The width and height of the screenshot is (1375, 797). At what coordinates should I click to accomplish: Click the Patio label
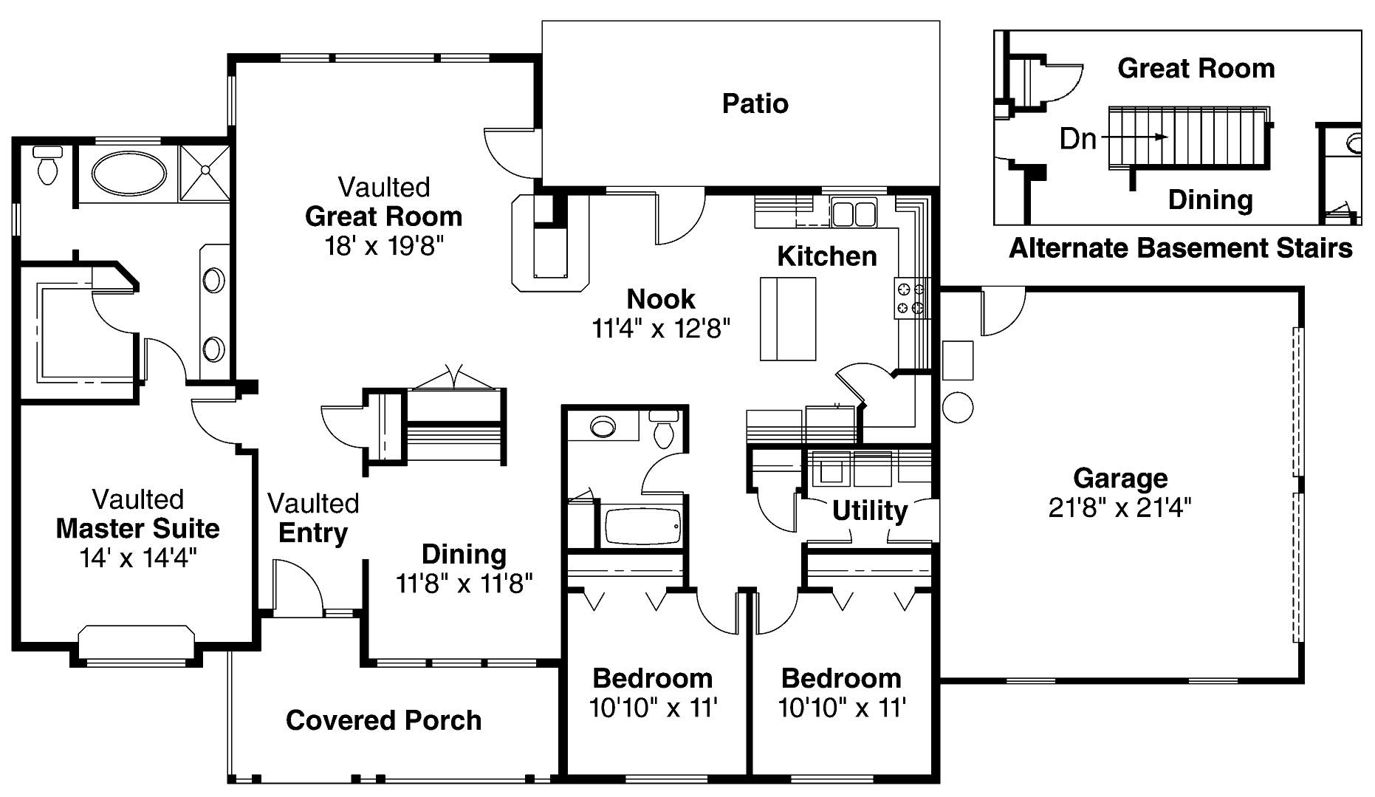click(x=755, y=103)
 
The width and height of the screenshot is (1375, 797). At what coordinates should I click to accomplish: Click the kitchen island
click(x=788, y=318)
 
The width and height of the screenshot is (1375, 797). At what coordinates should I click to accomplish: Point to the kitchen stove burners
click(x=911, y=298)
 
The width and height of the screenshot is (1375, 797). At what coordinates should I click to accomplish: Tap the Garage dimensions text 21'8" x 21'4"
click(x=1119, y=508)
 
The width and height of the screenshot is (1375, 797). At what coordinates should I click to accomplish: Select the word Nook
click(x=661, y=299)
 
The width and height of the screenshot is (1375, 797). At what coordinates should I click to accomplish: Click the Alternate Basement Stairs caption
click(x=1180, y=248)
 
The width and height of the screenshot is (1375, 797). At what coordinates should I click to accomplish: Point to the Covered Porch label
click(x=383, y=720)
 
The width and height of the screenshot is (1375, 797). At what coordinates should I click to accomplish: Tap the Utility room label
click(x=869, y=510)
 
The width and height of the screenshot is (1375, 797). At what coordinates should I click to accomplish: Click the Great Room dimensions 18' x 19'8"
click(x=383, y=246)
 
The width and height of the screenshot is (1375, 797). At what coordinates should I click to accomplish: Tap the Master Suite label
click(x=138, y=529)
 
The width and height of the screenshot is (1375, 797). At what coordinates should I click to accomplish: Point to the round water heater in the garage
click(x=958, y=407)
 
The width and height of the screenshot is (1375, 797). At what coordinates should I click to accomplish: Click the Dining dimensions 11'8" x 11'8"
click(x=464, y=584)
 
